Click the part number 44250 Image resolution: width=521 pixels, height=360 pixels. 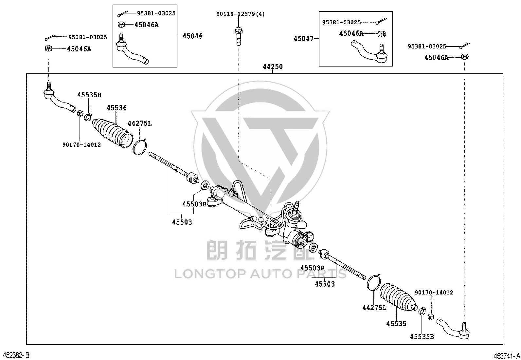point(273,66)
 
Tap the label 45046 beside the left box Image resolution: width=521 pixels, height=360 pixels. point(192,36)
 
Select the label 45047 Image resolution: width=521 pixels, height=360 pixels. point(303,38)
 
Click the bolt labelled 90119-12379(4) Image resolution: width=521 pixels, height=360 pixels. point(238,36)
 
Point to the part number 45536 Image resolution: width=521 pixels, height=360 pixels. point(117,108)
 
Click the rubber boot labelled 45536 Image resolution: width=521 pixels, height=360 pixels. point(113,133)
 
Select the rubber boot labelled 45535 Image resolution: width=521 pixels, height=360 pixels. point(398,297)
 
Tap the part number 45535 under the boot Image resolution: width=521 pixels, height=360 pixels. point(396,324)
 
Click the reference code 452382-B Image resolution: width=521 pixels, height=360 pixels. point(16,355)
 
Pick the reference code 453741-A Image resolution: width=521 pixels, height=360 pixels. point(507,356)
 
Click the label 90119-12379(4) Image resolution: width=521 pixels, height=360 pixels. point(241,14)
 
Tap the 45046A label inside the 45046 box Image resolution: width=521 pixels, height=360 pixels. point(147,25)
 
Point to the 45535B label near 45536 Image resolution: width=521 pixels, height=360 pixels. point(89,95)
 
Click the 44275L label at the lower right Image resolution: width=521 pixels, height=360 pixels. point(374,308)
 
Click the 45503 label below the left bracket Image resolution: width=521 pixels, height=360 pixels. point(182,222)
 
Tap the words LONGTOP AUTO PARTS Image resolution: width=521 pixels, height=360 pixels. point(260,274)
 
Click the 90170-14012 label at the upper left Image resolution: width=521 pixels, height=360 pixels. point(81,144)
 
